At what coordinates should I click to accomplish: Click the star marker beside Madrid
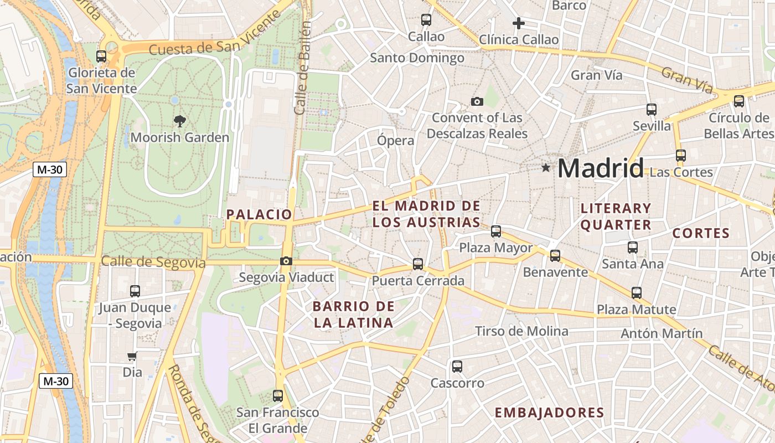546,167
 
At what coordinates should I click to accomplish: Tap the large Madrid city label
601,168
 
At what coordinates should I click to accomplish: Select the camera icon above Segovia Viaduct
286,261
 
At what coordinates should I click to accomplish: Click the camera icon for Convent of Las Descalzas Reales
477,101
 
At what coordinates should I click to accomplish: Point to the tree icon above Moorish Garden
179,121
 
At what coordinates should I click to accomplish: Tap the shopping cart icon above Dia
132,357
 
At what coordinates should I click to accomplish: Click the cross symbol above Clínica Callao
518,23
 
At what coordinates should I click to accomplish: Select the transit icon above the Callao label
426,20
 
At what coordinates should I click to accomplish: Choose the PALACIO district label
259,214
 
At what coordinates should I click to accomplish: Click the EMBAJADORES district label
549,413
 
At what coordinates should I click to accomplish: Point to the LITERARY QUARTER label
616,217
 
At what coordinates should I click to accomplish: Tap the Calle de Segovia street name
153,262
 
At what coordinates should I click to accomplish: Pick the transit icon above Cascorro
457,366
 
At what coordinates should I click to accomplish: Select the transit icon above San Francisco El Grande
278,396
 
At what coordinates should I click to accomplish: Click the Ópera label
395,140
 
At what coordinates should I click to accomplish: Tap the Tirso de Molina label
521,331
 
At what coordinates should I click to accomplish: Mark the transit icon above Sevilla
651,110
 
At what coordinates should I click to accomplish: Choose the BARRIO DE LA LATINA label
353,314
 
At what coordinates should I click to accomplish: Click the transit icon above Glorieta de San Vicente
101,56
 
